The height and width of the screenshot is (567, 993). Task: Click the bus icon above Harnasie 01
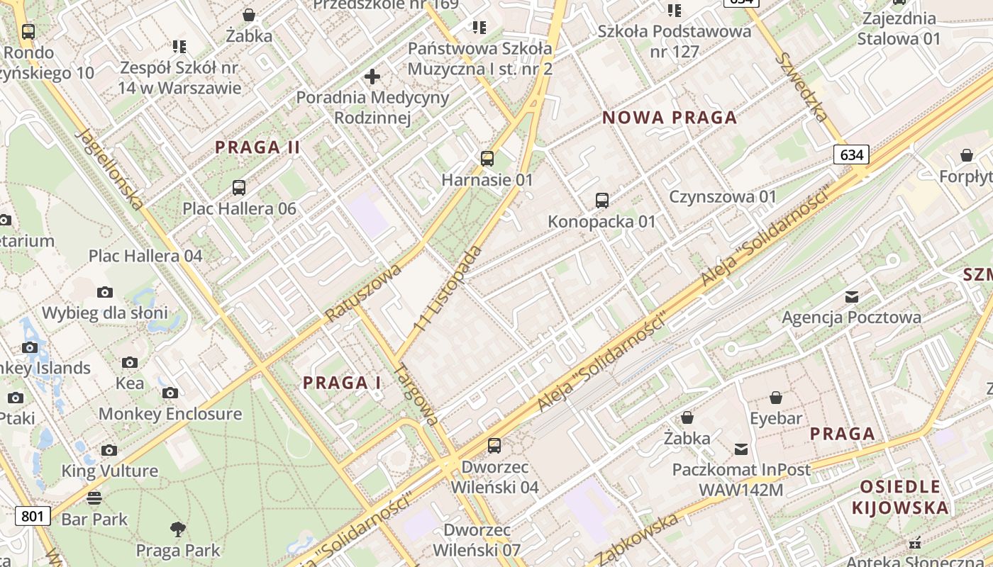pyautogui.click(x=487, y=158)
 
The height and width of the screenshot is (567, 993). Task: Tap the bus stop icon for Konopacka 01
pyautogui.click(x=601, y=200)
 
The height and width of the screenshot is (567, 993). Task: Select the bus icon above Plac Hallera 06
pyautogui.click(x=239, y=188)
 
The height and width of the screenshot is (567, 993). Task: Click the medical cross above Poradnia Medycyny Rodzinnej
pyautogui.click(x=372, y=76)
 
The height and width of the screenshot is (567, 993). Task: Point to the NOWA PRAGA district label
pyautogui.click(x=670, y=118)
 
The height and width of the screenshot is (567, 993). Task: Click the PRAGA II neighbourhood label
pyautogui.click(x=258, y=147)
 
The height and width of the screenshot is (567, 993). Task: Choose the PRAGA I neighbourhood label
pyautogui.click(x=342, y=383)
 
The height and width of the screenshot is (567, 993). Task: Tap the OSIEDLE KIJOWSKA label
pyautogui.click(x=900, y=497)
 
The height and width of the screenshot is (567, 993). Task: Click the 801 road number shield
pyautogui.click(x=33, y=515)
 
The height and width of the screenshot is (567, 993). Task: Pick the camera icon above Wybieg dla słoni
pyautogui.click(x=105, y=292)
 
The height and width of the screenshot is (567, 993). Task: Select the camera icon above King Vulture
pyautogui.click(x=109, y=450)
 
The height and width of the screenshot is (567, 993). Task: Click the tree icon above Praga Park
pyautogui.click(x=178, y=529)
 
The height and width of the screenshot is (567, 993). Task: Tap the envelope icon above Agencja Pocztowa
pyautogui.click(x=851, y=296)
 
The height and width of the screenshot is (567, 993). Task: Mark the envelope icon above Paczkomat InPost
pyautogui.click(x=741, y=449)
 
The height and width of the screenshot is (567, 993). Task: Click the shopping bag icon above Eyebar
pyautogui.click(x=776, y=398)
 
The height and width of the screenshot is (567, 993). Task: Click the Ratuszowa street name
pyautogui.click(x=363, y=291)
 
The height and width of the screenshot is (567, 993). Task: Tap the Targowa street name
pyautogui.click(x=417, y=394)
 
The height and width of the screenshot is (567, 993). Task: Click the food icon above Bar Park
pyautogui.click(x=94, y=498)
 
